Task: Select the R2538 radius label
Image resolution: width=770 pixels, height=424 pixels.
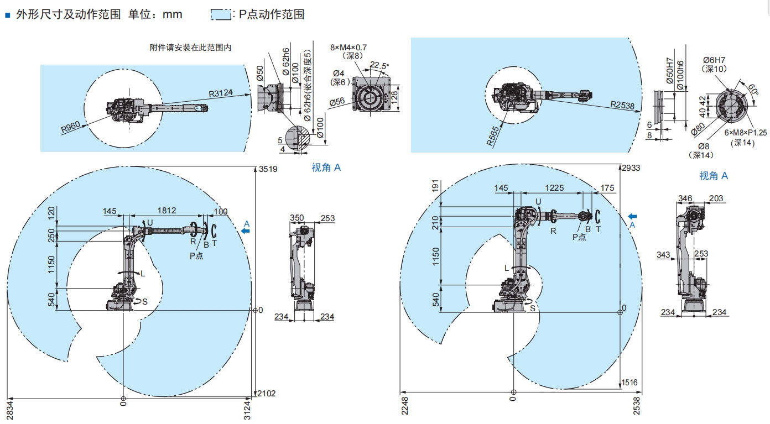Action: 622,104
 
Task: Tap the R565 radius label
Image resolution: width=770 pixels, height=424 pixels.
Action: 493,135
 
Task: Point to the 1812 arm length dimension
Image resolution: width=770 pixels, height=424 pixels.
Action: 166,210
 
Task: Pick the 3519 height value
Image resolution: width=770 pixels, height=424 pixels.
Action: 268,169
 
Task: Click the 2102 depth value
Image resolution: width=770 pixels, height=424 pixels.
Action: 267,394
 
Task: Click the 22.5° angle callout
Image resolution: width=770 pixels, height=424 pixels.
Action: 379,65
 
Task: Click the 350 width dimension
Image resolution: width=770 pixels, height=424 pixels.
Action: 298,218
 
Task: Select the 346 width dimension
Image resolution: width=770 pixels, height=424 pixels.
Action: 685,198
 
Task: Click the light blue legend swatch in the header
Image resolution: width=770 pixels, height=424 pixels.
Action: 220,15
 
